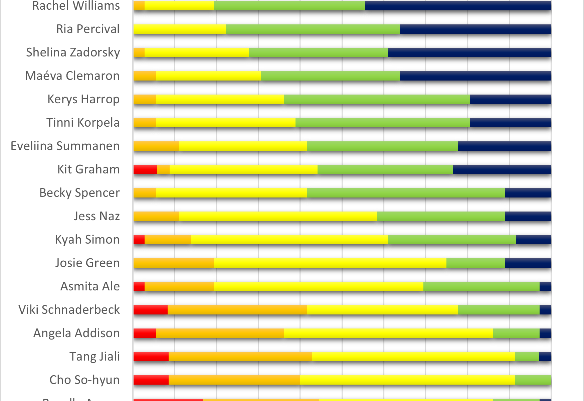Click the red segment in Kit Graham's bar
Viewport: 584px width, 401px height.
[x=145, y=169]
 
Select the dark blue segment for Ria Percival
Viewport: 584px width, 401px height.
[x=475, y=29]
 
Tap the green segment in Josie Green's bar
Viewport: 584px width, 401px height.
[x=475, y=263]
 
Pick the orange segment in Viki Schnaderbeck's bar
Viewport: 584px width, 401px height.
[x=237, y=310]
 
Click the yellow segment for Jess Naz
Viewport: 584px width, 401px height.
[x=278, y=216]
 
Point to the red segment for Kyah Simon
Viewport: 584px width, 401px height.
[x=139, y=240]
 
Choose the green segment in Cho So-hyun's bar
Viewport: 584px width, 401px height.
[x=533, y=380]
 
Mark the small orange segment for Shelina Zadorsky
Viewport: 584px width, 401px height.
[x=139, y=52]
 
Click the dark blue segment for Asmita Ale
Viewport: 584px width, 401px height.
[x=545, y=286]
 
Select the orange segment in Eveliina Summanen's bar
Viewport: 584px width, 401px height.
[x=156, y=146]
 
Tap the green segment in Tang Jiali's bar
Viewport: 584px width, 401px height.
[x=527, y=357]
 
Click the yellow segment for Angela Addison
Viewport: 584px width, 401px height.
[x=388, y=333]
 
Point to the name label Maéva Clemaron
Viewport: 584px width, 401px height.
[x=72, y=76]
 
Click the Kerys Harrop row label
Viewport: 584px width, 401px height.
[x=83, y=99]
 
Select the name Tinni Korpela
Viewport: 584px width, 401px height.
[x=83, y=123]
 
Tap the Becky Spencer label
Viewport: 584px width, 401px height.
[x=79, y=193]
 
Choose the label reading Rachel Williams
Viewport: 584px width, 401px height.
[x=76, y=6]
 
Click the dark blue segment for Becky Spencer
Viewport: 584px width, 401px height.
[x=528, y=193]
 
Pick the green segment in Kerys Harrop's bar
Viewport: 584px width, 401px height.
[x=376, y=99]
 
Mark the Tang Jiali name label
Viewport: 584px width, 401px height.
[x=94, y=357]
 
